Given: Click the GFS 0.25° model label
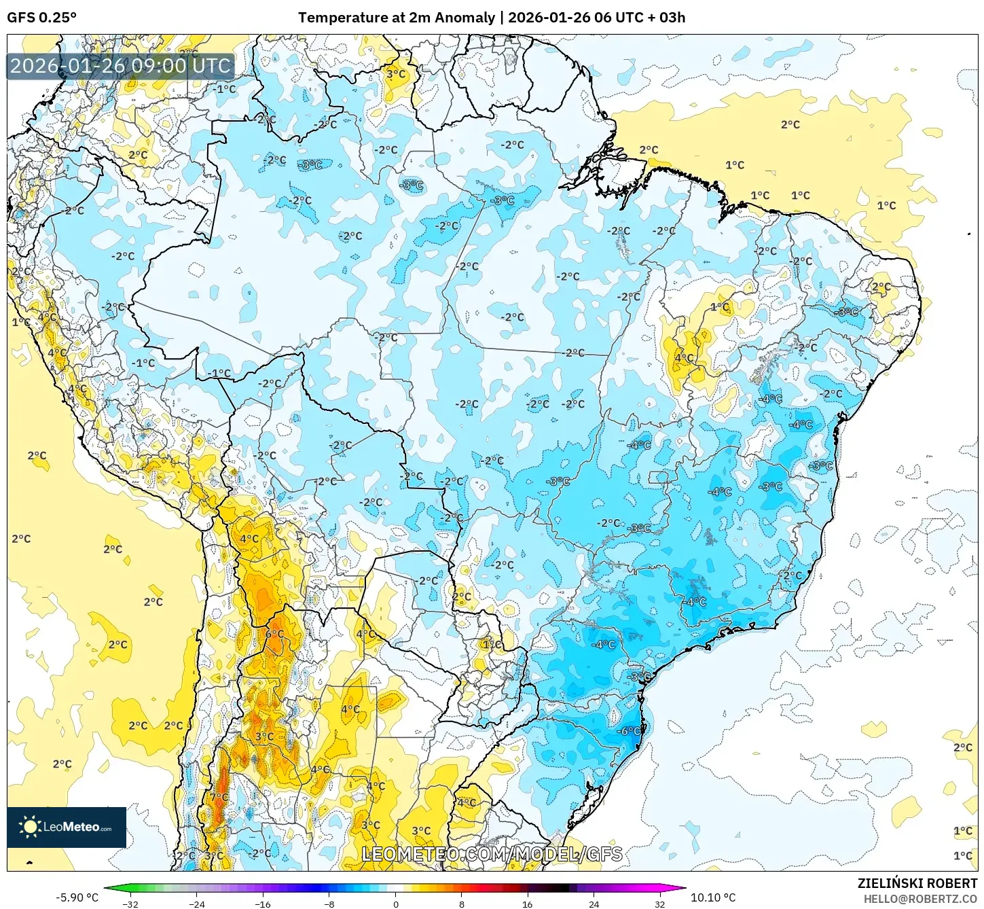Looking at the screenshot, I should [x=41, y=18].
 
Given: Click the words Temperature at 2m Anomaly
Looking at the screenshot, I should [x=397, y=18].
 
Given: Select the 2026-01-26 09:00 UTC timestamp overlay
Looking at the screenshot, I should [x=121, y=66].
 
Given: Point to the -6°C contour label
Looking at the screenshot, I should [x=629, y=731].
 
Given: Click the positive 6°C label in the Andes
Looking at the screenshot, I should [x=274, y=634].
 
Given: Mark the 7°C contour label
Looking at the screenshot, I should [x=219, y=797].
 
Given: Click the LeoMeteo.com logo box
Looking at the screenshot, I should [x=67, y=827].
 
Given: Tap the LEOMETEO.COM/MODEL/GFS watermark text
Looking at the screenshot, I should [x=492, y=854].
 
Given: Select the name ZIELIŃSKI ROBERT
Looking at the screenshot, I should [x=917, y=883].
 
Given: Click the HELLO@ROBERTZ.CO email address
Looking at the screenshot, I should [x=920, y=899].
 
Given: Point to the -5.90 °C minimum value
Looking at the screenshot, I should [x=77, y=897].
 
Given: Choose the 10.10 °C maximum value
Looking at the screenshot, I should [x=713, y=897].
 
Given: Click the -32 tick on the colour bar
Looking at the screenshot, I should [x=130, y=904].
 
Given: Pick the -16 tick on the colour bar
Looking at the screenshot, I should [x=263, y=904].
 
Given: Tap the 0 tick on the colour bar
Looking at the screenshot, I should [x=395, y=904].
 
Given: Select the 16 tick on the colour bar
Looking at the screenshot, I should [x=528, y=904].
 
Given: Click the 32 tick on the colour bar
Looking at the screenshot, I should [x=660, y=904].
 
